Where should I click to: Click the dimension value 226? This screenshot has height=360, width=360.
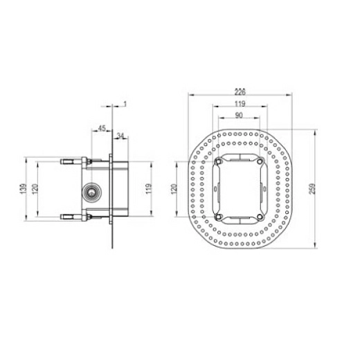(240, 91)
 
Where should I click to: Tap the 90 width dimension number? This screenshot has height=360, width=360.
(238, 116)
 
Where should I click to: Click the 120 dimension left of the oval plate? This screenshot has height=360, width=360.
(174, 188)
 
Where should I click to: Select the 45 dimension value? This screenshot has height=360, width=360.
(102, 128)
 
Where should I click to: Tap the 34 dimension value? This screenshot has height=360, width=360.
(120, 136)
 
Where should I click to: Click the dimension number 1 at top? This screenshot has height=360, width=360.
(125, 104)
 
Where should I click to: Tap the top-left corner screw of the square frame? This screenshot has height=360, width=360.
(218, 162)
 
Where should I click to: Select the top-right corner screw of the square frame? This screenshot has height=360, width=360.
(261, 162)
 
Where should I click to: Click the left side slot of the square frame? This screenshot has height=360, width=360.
(217, 188)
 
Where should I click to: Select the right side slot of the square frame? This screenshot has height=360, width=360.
(262, 188)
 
